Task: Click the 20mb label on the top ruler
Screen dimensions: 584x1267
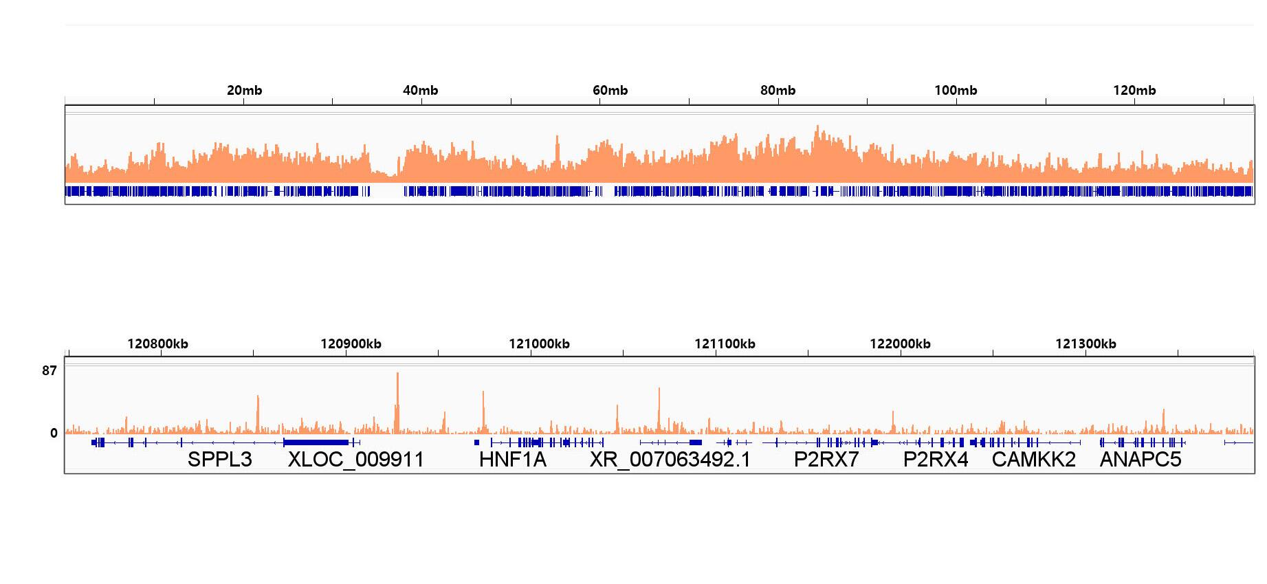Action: pyautogui.click(x=244, y=90)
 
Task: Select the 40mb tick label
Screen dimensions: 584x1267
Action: pyautogui.click(x=420, y=90)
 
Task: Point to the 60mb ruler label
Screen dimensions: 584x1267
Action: pyautogui.click(x=610, y=90)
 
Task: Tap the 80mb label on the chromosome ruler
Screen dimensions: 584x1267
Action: pyautogui.click(x=778, y=90)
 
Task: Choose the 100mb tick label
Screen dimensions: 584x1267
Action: pyautogui.click(x=956, y=90)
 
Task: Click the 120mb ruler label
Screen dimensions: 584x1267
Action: pyautogui.click(x=1134, y=90)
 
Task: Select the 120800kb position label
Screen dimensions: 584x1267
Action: pyautogui.click(x=157, y=344)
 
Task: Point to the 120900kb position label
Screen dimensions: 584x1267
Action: pyautogui.click(x=351, y=344)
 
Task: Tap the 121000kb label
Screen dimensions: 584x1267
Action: pyautogui.click(x=539, y=344)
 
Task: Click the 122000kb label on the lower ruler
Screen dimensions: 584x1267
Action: pyautogui.click(x=900, y=344)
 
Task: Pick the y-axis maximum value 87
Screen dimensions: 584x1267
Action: pyautogui.click(x=49, y=371)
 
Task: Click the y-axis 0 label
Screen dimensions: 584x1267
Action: pyautogui.click(x=54, y=434)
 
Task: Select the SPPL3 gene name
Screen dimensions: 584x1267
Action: pyautogui.click(x=220, y=460)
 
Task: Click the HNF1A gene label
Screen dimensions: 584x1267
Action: pyautogui.click(x=513, y=460)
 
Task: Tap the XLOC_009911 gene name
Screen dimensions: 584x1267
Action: pyautogui.click(x=355, y=460)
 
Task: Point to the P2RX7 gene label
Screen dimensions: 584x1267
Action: pyautogui.click(x=826, y=460)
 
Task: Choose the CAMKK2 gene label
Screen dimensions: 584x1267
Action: pyautogui.click(x=1033, y=460)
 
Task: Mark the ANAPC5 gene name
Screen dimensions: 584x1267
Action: pyautogui.click(x=1141, y=460)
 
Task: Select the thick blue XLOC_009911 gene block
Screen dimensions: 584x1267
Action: pyautogui.click(x=316, y=442)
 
